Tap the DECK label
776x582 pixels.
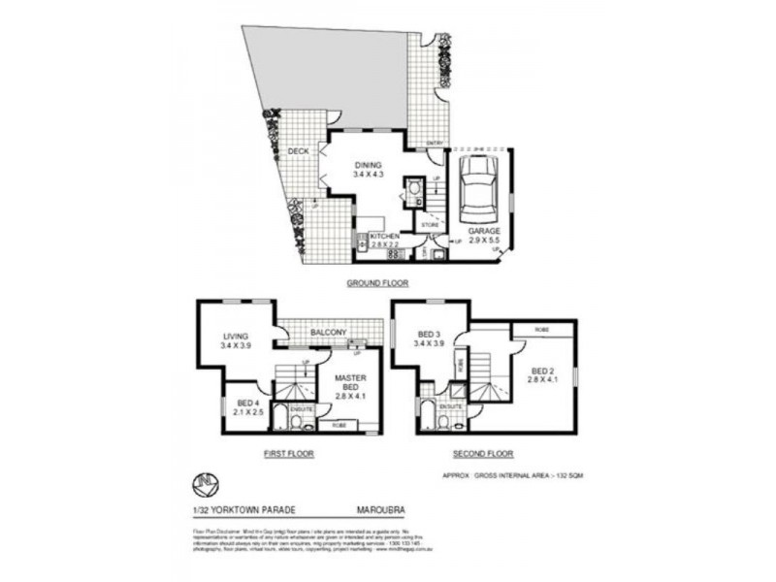[298, 151]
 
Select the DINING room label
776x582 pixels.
[369, 165]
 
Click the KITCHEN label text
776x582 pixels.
[385, 236]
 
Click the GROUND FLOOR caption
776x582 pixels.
[378, 283]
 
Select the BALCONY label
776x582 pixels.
[328, 333]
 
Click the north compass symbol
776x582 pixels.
[205, 482]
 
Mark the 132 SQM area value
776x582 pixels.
[566, 475]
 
